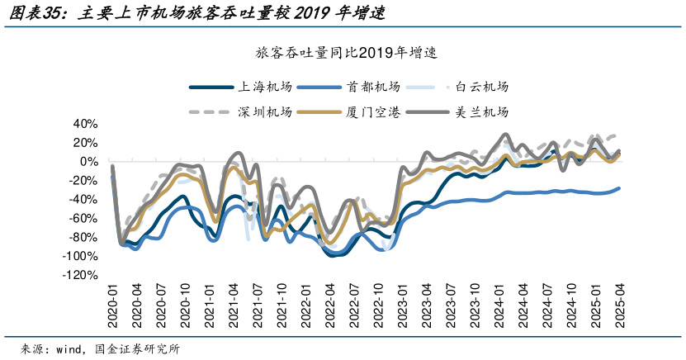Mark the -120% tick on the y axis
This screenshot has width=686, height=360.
[x=81, y=276]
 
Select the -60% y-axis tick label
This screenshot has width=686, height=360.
[x=83, y=219]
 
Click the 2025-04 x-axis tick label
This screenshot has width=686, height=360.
[x=620, y=306]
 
